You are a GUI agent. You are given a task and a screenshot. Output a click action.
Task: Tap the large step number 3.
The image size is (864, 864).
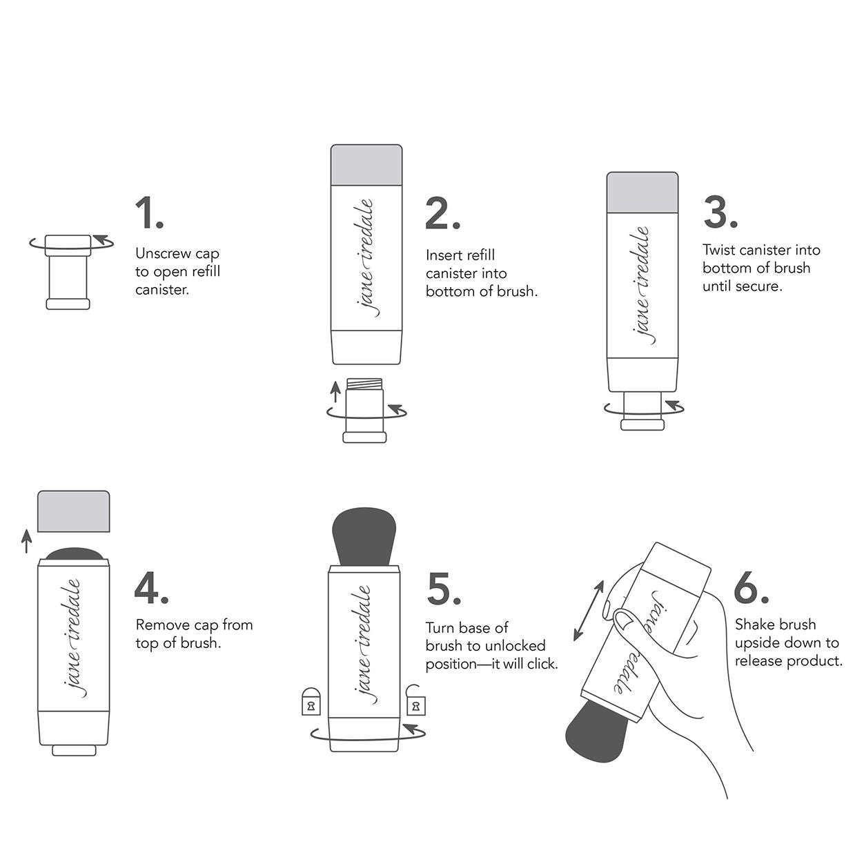[x=720, y=212]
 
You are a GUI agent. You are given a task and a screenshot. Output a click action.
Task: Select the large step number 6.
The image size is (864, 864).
[x=750, y=589]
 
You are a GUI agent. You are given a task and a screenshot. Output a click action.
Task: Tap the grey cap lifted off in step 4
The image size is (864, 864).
[x=74, y=511]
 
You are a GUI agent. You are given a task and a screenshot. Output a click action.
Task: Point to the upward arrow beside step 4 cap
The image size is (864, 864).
[x=27, y=541]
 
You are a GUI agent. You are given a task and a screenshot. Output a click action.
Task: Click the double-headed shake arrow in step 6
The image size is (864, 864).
[x=589, y=610]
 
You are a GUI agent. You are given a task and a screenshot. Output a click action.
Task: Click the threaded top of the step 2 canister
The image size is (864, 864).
[x=364, y=384]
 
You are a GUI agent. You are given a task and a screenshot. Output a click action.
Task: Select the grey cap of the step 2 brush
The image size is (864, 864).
[x=366, y=165]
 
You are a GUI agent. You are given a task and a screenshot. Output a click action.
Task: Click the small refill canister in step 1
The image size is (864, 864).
[x=68, y=272]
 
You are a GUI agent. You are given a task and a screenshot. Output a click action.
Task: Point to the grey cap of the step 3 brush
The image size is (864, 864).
[x=642, y=193]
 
